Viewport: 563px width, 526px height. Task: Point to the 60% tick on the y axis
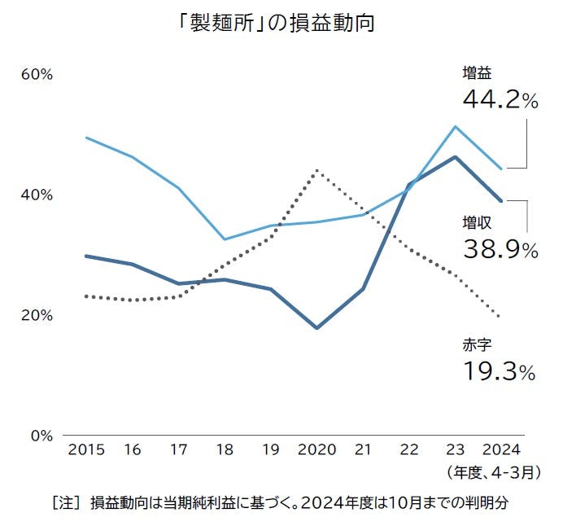coord(37,74)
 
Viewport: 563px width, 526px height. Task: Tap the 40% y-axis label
coord(37,195)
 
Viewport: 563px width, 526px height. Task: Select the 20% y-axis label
coord(37,315)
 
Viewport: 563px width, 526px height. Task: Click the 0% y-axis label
coord(40,435)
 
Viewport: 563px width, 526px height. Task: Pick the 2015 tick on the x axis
coord(86,449)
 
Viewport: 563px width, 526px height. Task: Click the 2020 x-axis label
coord(316,449)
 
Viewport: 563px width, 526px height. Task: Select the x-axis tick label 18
coord(225,449)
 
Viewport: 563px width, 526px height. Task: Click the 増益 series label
coord(477,73)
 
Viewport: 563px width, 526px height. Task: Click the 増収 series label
coord(477,222)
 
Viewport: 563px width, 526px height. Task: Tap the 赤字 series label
coord(477,345)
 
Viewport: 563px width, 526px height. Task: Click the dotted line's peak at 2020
coord(316,170)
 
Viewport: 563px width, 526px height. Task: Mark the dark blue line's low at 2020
coord(316,328)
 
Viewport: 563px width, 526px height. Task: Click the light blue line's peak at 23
coord(456,126)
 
